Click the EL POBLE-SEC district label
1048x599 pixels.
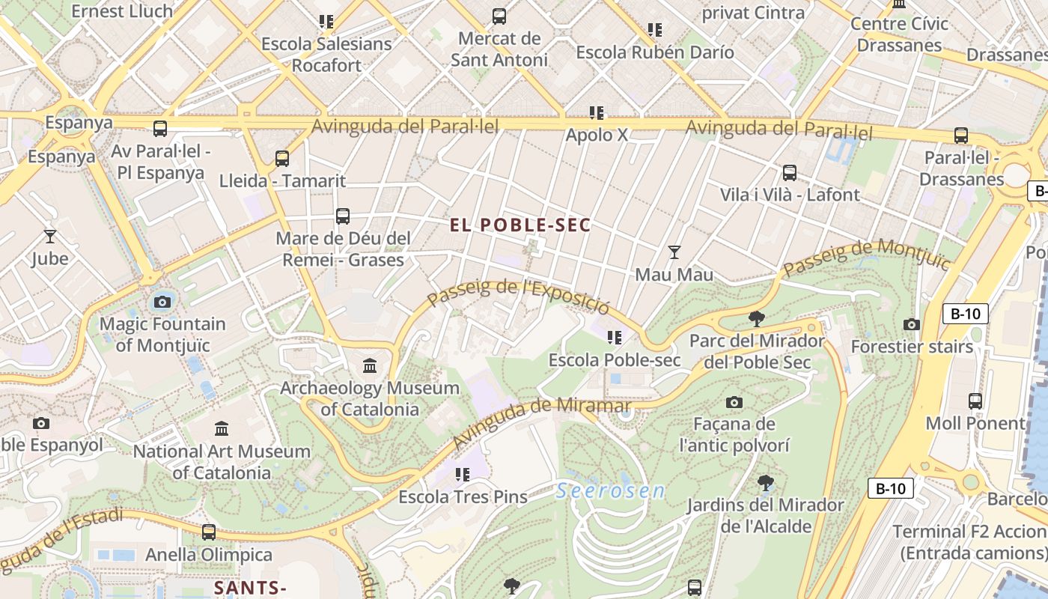coord(521,225)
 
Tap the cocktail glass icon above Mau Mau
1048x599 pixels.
coord(674,252)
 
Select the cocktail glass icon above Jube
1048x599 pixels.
coord(50,237)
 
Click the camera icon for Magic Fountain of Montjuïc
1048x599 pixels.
coord(162,302)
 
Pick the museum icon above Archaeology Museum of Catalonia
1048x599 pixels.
coord(370,366)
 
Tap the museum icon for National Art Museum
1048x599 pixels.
coord(222,429)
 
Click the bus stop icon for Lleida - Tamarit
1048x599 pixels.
coord(282,159)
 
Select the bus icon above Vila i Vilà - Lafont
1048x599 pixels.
coord(789,173)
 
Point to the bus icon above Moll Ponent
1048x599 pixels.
coord(975,401)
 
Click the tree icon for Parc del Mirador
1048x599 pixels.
coord(757,319)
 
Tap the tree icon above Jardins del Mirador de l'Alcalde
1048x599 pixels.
coord(765,483)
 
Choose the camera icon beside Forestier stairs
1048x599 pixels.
coord(911,324)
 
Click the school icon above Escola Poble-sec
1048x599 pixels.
coord(615,338)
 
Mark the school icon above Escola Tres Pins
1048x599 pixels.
coord(462,475)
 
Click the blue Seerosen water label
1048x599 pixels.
coord(611,491)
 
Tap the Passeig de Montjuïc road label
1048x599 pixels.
coord(866,255)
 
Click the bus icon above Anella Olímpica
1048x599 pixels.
coord(209,532)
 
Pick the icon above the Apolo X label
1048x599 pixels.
coord(596,113)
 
